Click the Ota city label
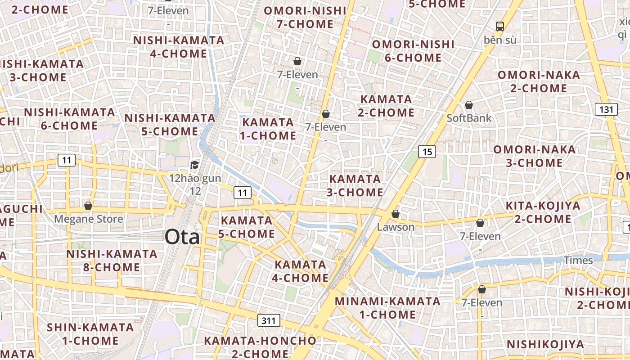point(182,237)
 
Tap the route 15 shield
point(427,152)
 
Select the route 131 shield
point(606,109)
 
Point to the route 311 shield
point(269,321)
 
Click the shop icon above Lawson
point(396,214)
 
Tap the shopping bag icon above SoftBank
point(469,105)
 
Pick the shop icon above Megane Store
point(88,206)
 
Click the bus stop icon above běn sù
point(500,26)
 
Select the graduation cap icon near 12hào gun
point(194,165)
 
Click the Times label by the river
point(578,260)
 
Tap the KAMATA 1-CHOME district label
point(269,129)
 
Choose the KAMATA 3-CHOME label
point(355,185)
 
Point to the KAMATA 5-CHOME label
point(247,227)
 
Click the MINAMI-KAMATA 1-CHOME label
point(388,307)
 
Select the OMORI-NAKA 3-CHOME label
point(535,156)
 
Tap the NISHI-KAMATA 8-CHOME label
point(112,261)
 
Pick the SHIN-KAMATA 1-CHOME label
point(90,333)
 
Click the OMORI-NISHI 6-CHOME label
point(413,51)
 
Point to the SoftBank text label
point(469,118)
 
